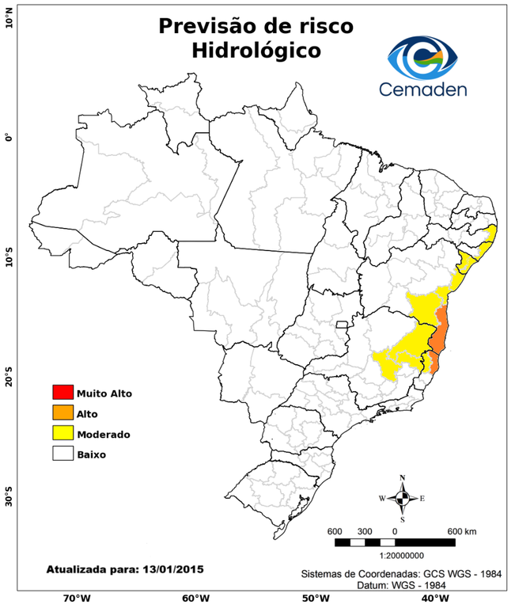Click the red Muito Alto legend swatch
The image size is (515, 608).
coord(62,392)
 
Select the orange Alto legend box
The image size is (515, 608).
coord(62,412)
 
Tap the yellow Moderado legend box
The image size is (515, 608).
coord(62,433)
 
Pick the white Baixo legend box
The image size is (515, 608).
coord(62,454)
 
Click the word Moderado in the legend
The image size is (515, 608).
coord(103,434)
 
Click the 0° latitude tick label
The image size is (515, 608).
coord(9,137)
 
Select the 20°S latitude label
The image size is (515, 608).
coord(9,376)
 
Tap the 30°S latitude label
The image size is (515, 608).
coord(9,499)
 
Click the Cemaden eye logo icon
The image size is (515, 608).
coord(426,55)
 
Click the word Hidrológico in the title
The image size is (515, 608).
coord(256,51)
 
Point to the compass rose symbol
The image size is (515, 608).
coord(403,498)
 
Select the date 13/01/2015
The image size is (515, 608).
coord(172,568)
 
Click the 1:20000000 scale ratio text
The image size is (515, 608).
coord(393,556)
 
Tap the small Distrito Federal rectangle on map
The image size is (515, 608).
coord(342,325)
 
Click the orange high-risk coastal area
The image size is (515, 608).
coord(440,332)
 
